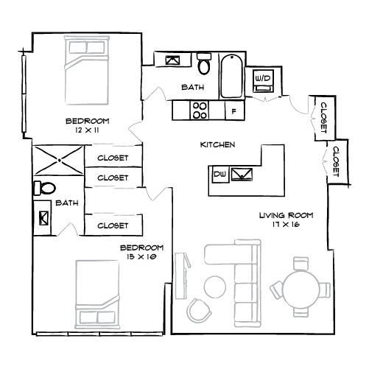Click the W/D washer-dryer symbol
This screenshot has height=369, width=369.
[263, 81]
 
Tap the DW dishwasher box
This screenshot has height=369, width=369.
[220, 175]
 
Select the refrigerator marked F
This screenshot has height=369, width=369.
[234, 110]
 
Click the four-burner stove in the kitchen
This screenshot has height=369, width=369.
[199, 110]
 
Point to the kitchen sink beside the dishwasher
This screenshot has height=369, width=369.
[242, 175]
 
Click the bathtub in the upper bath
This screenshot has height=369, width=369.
[231, 76]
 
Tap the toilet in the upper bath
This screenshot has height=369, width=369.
[204, 63]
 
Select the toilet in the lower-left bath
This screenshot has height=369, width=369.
[45, 189]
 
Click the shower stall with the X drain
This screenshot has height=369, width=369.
[59, 161]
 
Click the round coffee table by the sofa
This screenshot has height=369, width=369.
[215, 287]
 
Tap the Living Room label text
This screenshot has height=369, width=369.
[287, 216]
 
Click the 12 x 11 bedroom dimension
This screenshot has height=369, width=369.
[88, 130]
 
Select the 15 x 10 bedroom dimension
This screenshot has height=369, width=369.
[141, 257]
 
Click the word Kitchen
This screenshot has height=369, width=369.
[217, 144]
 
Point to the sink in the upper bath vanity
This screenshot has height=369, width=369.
[172, 60]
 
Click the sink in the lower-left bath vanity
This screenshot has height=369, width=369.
[43, 217]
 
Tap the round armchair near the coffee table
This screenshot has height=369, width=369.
[199, 310]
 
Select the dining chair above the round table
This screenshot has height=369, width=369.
[301, 264]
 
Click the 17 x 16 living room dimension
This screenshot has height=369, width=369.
[286, 225]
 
